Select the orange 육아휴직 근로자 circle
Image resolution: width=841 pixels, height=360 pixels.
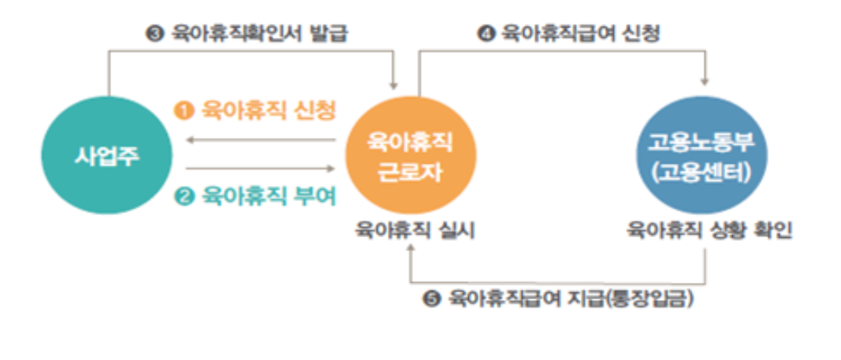[410, 156]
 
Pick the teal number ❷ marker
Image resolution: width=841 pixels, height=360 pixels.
[184, 196]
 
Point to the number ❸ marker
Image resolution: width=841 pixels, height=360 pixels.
[153, 34]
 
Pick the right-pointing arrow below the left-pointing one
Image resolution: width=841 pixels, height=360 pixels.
[260, 167]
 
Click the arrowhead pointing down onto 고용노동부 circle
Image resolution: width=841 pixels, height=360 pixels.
[704, 80]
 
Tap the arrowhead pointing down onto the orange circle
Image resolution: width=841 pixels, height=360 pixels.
[393, 85]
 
